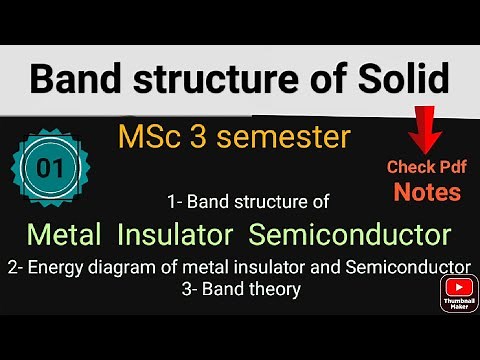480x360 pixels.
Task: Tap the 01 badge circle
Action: tap(51, 167)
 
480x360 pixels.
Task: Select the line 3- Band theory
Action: tap(240, 289)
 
